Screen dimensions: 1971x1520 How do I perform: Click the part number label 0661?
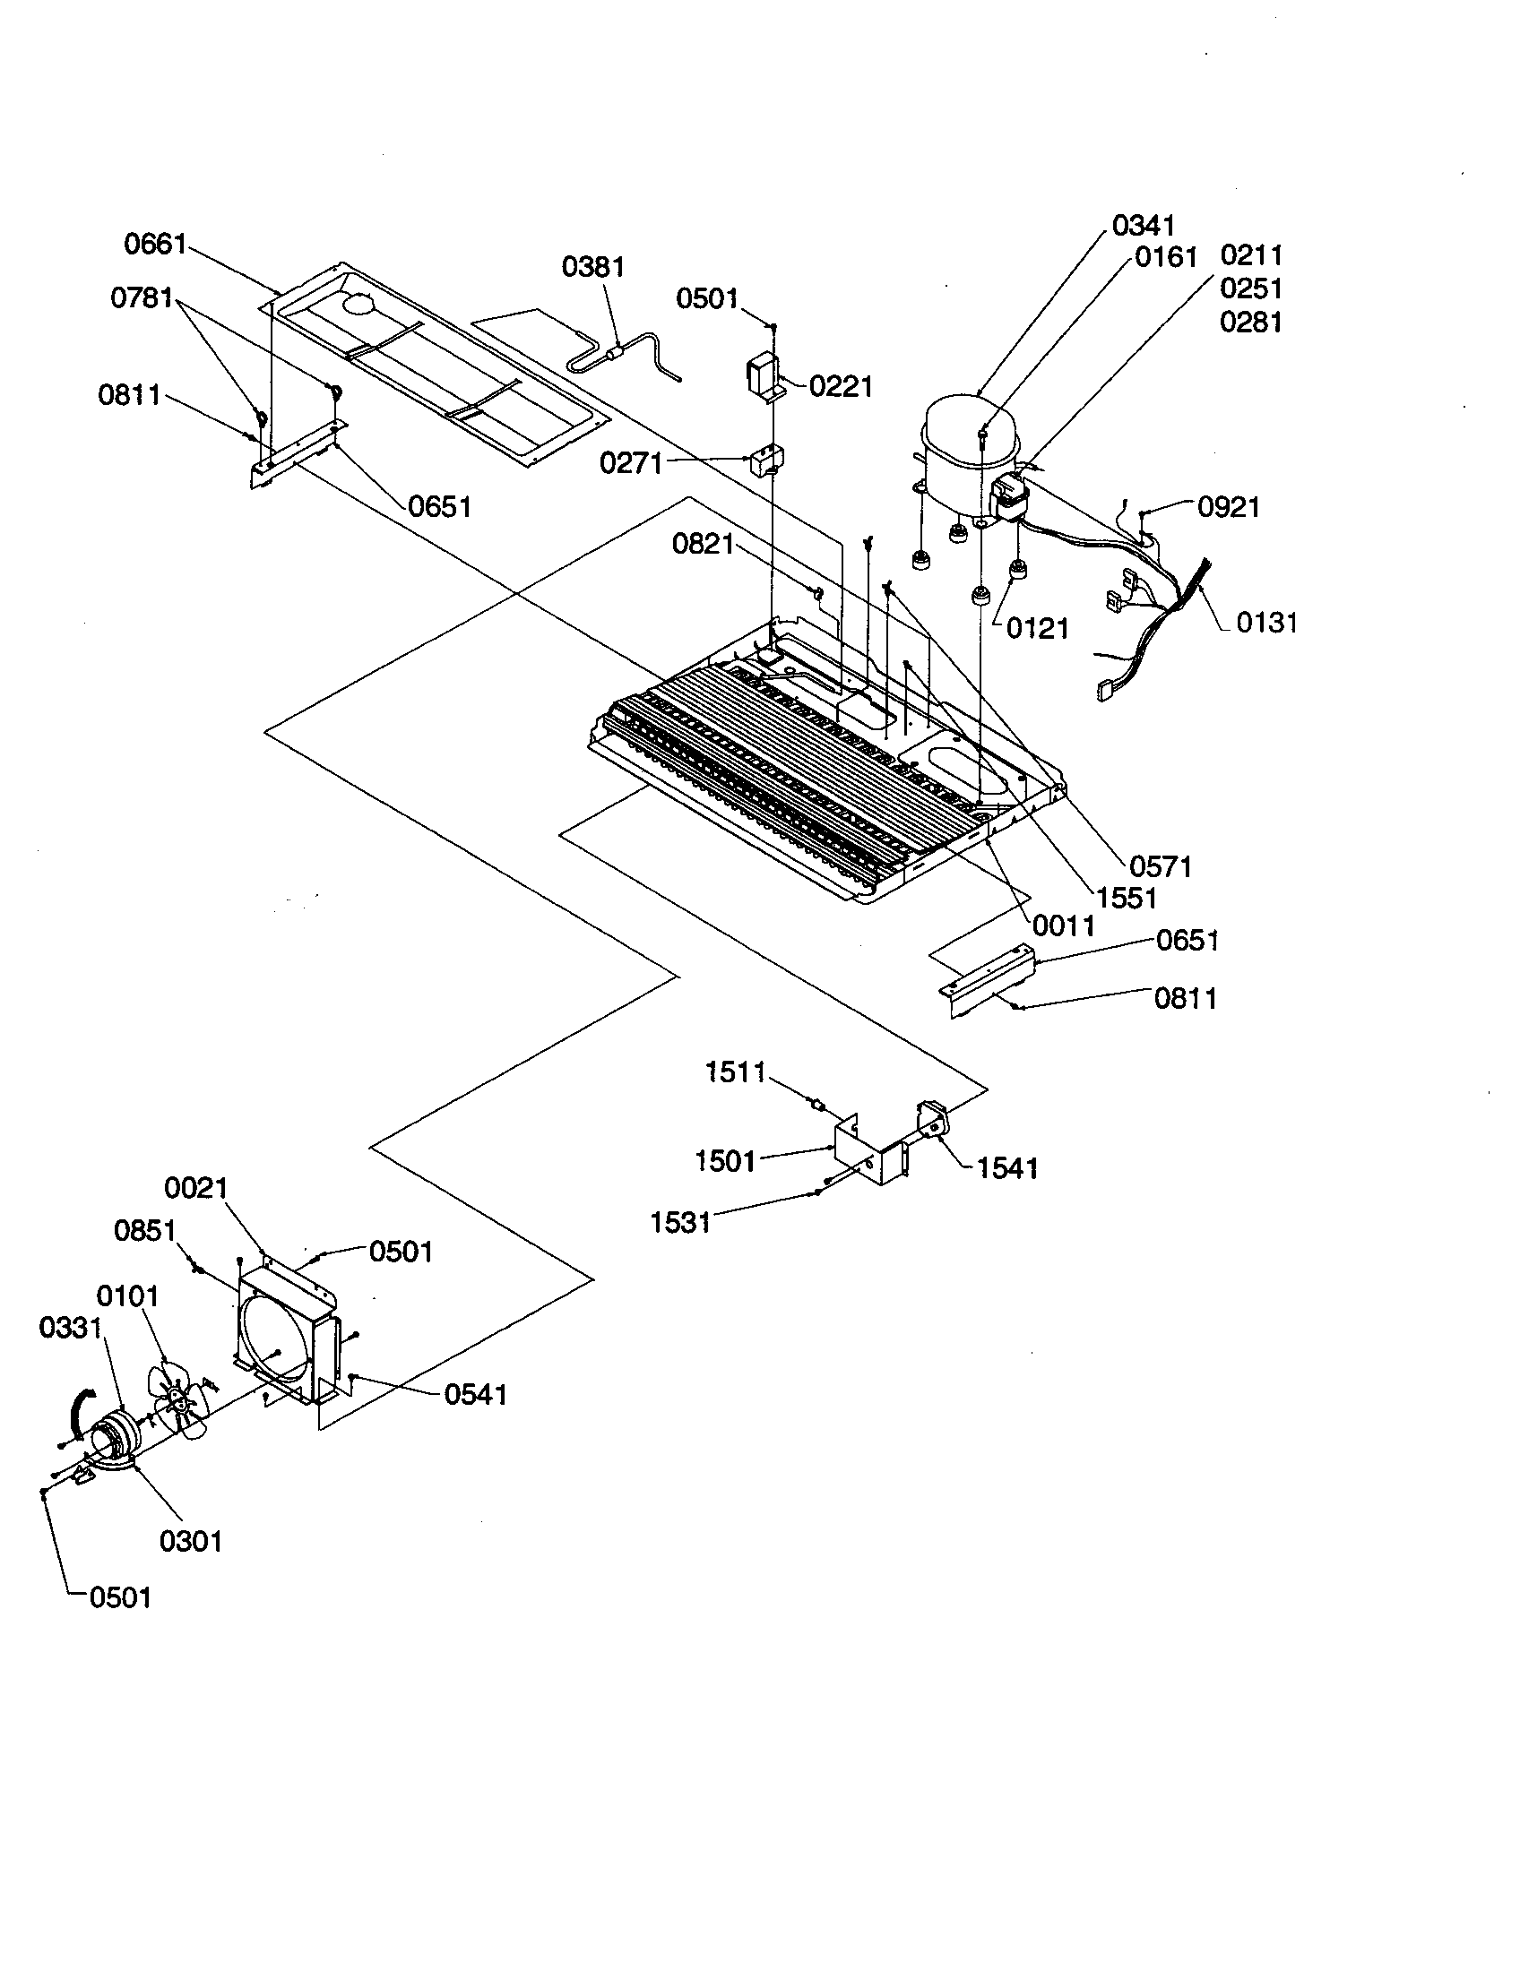(155, 244)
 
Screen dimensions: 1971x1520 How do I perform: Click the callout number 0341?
(1143, 225)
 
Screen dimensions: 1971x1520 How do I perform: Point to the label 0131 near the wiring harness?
(1266, 622)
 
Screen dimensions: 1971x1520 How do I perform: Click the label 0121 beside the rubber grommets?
(1037, 628)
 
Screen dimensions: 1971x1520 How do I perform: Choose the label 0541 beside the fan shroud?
(475, 1395)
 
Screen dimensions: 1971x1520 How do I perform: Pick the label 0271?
(631, 463)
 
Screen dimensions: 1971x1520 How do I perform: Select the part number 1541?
(1007, 1168)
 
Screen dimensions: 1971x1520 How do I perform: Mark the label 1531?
(680, 1223)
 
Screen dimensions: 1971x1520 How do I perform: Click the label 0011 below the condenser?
(1064, 925)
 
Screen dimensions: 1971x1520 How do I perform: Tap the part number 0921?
(1229, 507)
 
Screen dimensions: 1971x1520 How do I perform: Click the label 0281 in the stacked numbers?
(1251, 322)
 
